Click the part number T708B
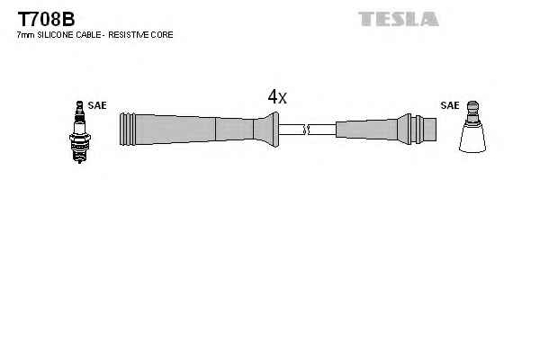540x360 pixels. pyautogui.click(x=46, y=19)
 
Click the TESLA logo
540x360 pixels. pyautogui.click(x=399, y=19)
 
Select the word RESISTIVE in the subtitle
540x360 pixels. pyautogui.click(x=128, y=35)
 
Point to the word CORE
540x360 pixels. pyautogui.click(x=161, y=35)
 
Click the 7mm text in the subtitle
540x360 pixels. pyautogui.click(x=26, y=35)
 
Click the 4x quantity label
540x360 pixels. pyautogui.click(x=277, y=96)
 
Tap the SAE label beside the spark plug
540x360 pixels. pyautogui.click(x=97, y=105)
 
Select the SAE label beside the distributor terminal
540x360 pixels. pyautogui.click(x=450, y=105)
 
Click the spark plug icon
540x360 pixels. pyautogui.click(x=79, y=132)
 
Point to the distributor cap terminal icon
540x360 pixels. pyautogui.click(x=472, y=127)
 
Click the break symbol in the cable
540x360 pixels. pyautogui.click(x=307, y=130)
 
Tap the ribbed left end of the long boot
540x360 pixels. pyautogui.click(x=128, y=129)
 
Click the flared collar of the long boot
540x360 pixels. pyautogui.click(x=266, y=130)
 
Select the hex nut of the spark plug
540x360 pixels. pyautogui.click(x=79, y=138)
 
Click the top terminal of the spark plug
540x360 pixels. pyautogui.click(x=79, y=106)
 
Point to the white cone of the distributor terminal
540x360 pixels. pyautogui.click(x=472, y=138)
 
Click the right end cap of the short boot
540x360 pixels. pyautogui.click(x=429, y=130)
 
